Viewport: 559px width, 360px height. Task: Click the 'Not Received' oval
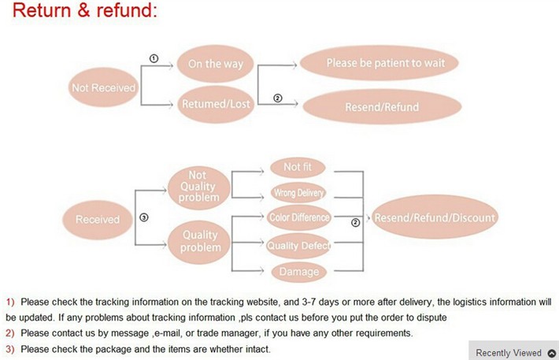(103, 88)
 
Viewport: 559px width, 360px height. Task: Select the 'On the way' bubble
(215, 64)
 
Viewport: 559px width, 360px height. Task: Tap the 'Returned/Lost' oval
(215, 104)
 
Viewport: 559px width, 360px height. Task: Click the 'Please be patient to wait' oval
(380, 62)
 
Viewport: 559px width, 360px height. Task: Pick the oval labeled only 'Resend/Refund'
(382, 106)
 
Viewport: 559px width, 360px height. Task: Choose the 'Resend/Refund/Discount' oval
(435, 218)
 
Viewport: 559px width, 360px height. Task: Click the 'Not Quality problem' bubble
(199, 187)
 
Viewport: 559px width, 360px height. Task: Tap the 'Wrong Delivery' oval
(298, 193)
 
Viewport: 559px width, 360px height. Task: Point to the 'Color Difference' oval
(299, 217)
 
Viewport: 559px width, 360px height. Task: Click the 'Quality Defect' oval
(298, 245)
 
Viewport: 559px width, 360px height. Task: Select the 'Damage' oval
(299, 272)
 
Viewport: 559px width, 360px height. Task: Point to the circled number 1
(154, 58)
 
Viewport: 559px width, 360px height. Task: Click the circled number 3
(143, 217)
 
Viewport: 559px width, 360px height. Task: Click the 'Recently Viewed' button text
(509, 353)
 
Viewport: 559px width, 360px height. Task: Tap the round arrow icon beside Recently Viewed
(551, 353)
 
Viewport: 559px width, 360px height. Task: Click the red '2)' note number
(10, 333)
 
